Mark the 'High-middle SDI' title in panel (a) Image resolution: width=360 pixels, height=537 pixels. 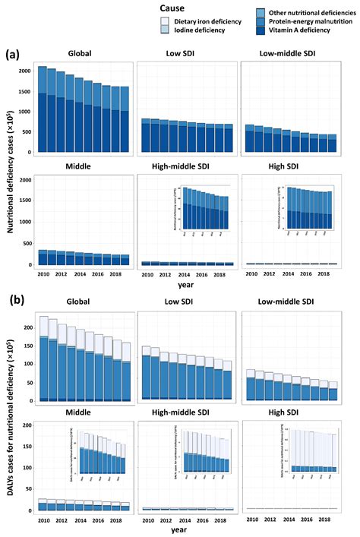[181, 166]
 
